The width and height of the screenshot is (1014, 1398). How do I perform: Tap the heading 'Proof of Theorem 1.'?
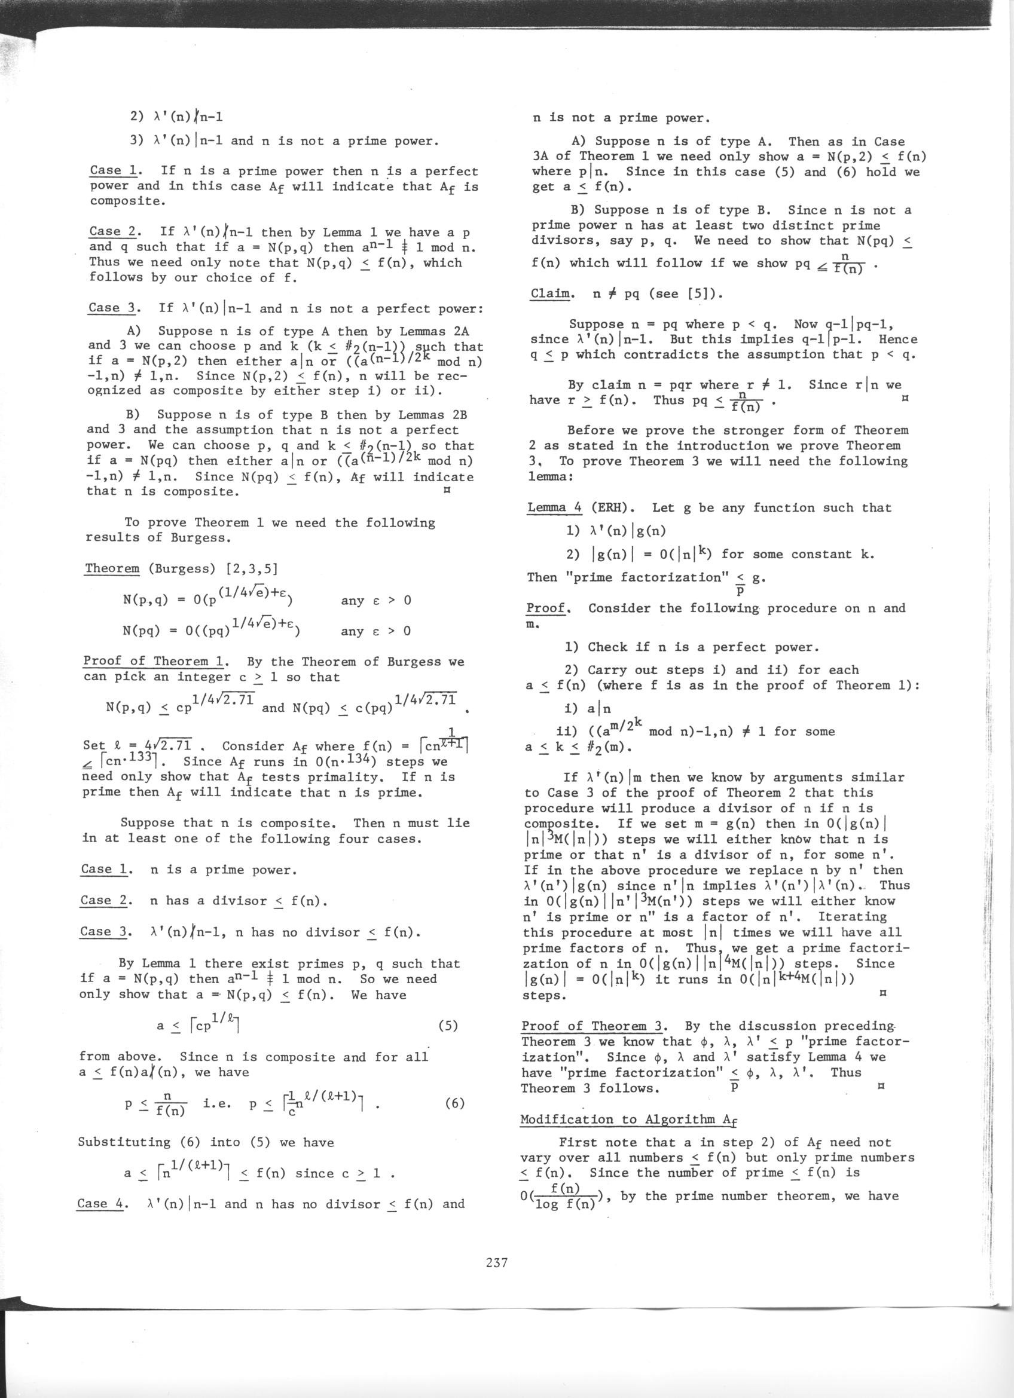[x=156, y=662]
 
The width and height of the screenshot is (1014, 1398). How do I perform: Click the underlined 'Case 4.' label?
[x=101, y=1204]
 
